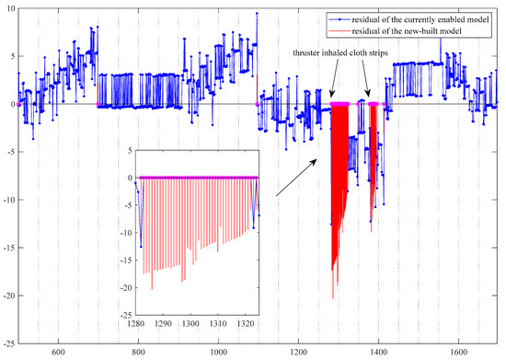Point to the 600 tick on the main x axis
point(58,351)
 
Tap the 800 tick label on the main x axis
point(138,351)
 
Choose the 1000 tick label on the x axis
point(218,351)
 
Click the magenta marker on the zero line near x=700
point(98,104)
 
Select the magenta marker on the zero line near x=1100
point(259,104)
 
